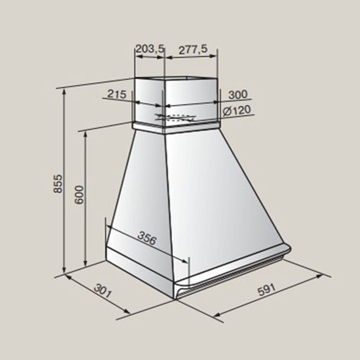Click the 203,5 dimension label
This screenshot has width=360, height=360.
point(150,49)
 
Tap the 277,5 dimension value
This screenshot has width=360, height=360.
point(193,49)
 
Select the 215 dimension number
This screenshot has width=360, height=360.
point(117,94)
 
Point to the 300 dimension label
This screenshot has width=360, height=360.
point(238,94)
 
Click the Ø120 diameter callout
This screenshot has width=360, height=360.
point(237,110)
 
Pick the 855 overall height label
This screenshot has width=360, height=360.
point(58,184)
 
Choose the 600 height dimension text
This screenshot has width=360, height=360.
point(79,194)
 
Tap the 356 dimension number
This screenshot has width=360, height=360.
point(147,238)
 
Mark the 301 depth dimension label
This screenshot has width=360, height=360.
point(103,291)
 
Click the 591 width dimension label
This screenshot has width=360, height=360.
point(266,289)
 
